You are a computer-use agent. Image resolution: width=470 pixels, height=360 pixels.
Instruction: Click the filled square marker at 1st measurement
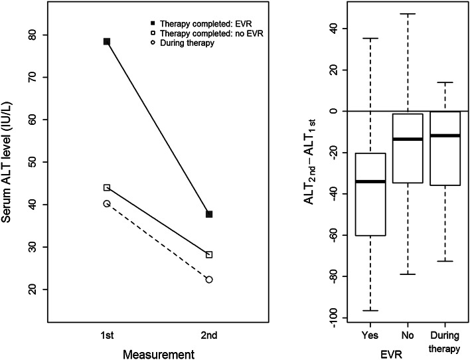pyautogui.click(x=106, y=41)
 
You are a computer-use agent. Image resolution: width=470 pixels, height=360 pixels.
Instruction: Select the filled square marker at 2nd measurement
pyautogui.click(x=209, y=214)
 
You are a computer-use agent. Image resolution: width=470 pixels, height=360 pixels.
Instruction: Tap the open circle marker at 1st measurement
pyautogui.click(x=106, y=203)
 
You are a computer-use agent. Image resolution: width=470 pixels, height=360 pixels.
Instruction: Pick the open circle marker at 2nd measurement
pyautogui.click(x=209, y=280)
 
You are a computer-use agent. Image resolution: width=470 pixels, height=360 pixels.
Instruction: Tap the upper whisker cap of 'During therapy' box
pyautogui.click(x=444, y=82)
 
